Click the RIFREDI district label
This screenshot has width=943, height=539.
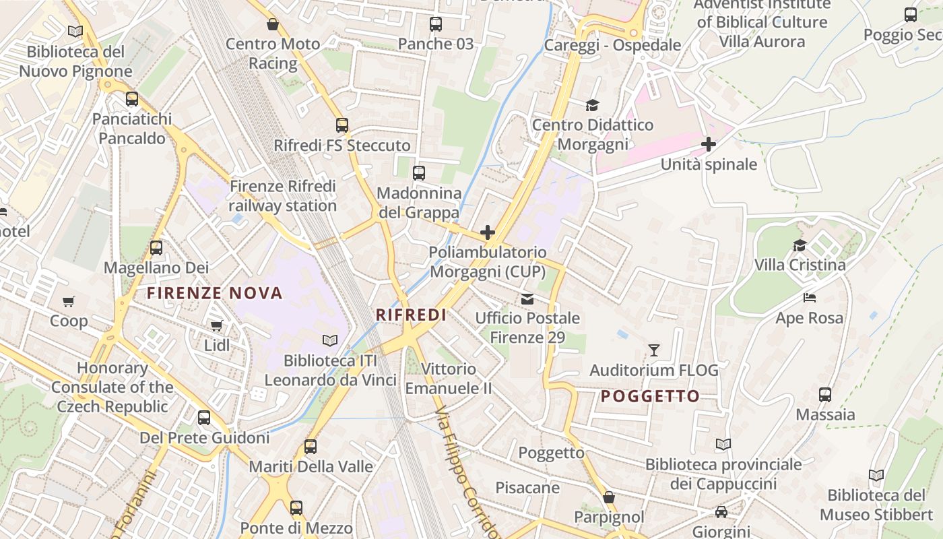(411, 315)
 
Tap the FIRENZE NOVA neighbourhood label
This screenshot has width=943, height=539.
(215, 293)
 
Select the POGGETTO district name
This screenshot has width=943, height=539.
(650, 396)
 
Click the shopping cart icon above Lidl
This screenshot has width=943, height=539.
(216, 326)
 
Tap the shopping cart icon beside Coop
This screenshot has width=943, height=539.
(69, 301)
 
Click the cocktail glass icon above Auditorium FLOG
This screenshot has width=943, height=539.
(653, 350)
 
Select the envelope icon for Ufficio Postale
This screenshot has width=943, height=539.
(527, 298)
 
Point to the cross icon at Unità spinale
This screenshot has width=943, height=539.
(709, 144)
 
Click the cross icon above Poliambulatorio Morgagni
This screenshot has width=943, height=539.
(488, 233)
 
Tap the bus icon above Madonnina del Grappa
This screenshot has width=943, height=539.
(419, 173)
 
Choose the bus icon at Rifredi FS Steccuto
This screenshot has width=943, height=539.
(342, 125)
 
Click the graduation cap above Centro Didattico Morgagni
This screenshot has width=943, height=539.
(592, 105)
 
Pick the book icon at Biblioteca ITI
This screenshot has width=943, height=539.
(329, 341)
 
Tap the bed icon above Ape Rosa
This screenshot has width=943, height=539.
(810, 298)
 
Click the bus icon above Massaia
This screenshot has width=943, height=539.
(825, 395)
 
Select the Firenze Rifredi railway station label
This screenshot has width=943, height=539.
(282, 195)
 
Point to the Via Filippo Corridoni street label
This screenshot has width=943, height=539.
(467, 472)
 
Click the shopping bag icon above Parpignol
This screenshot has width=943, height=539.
(609, 497)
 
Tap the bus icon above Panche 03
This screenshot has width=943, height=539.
(436, 24)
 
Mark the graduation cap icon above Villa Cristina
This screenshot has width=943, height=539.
(800, 245)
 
